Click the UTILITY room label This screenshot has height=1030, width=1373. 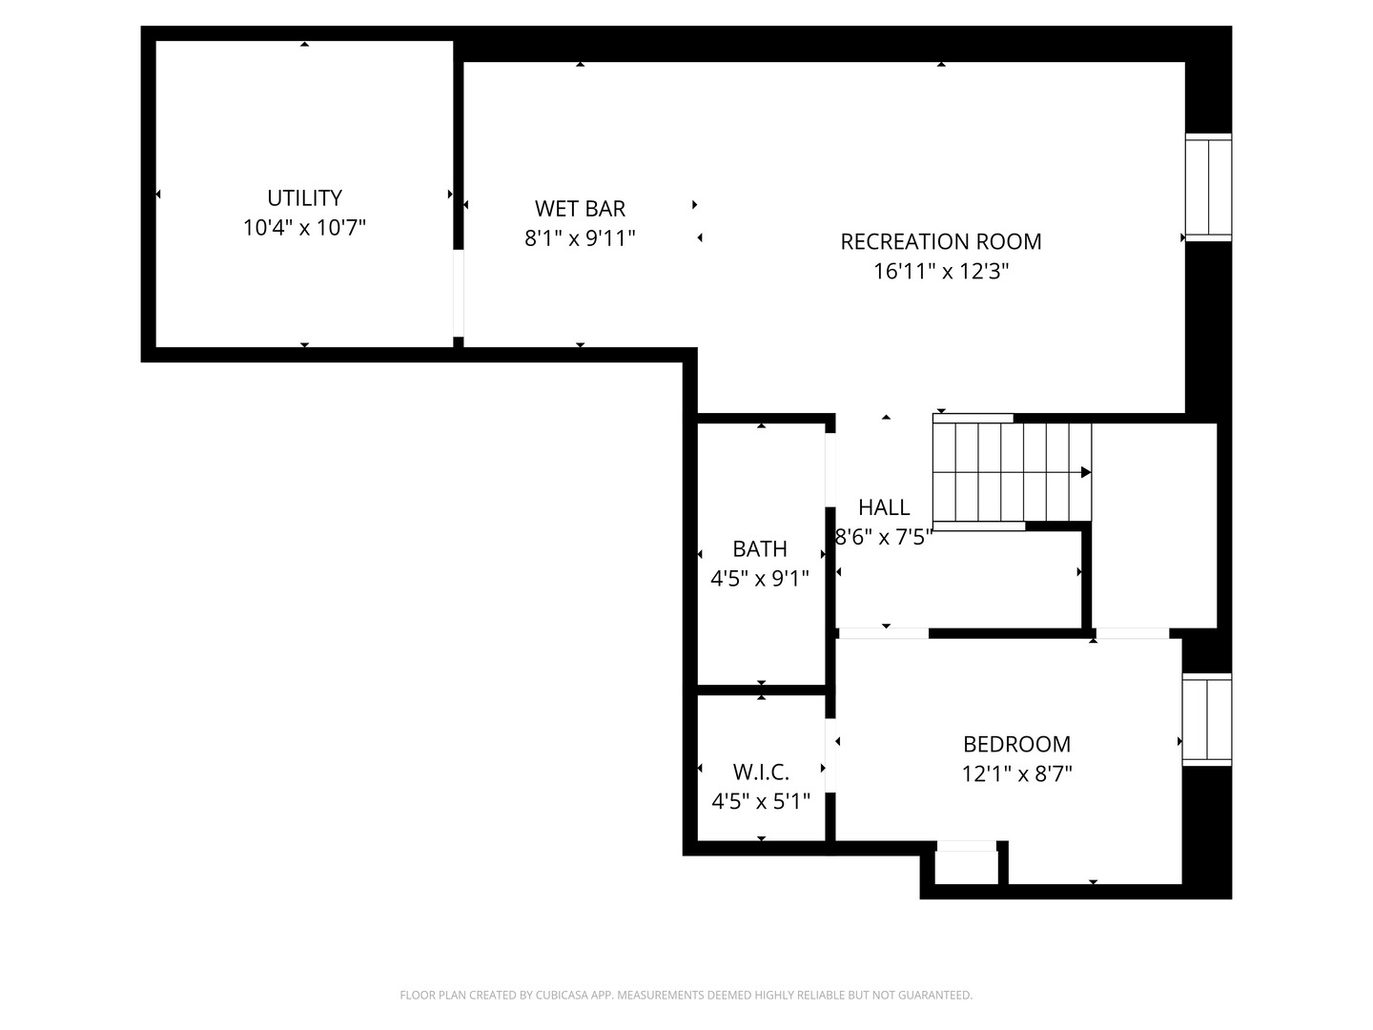click(x=304, y=198)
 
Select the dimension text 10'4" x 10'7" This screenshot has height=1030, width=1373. click(x=304, y=228)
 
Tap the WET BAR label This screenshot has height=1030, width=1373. click(x=580, y=209)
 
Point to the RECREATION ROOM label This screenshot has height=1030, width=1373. click(x=940, y=242)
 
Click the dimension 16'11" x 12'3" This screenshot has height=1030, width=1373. click(x=940, y=272)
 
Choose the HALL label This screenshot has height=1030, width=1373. click(x=884, y=507)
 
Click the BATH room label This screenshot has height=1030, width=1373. click(x=760, y=549)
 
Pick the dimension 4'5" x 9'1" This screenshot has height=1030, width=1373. click(x=760, y=578)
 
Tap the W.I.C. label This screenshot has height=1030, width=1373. click(x=761, y=772)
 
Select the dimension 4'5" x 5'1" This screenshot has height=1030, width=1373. click(x=761, y=801)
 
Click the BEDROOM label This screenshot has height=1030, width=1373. click(x=1016, y=744)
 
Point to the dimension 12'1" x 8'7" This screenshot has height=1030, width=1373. click(x=1016, y=773)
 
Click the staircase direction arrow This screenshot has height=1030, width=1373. click(x=1085, y=472)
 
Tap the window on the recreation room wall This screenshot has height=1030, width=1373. click(x=1208, y=187)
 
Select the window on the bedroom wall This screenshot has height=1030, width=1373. click(x=1206, y=719)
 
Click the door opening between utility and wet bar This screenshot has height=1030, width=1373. click(x=459, y=293)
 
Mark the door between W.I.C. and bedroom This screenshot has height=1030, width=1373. click(x=830, y=754)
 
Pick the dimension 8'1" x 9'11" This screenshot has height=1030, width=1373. click(x=580, y=238)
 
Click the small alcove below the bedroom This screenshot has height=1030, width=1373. click(x=965, y=866)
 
